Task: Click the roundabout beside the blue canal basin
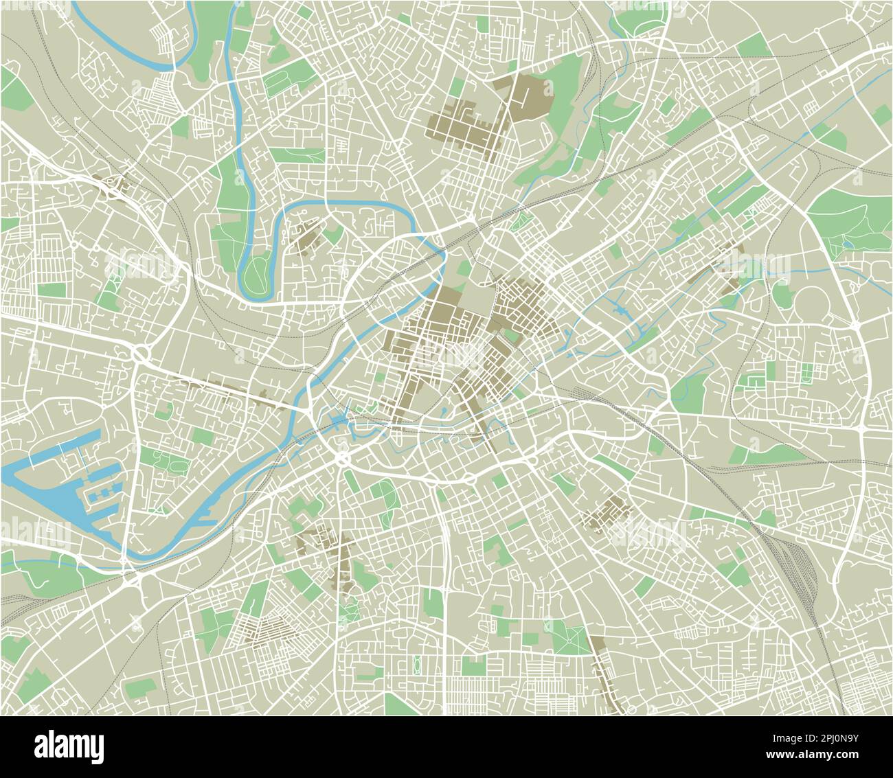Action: pyautogui.click(x=341, y=458)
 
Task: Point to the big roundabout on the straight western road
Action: pyautogui.click(x=142, y=354)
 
